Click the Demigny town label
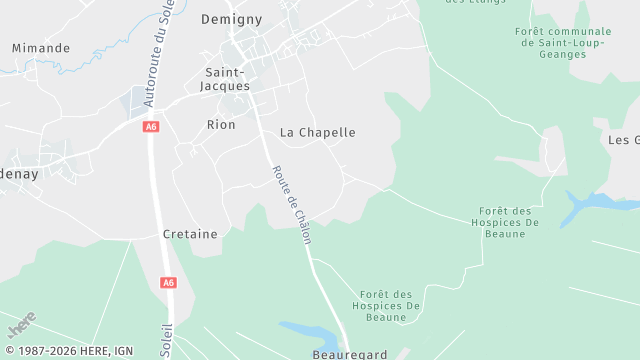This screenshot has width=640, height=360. click(x=230, y=19)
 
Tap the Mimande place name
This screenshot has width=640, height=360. click(x=41, y=47)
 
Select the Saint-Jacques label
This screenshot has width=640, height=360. click(x=227, y=79)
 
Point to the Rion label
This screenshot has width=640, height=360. click(x=220, y=125)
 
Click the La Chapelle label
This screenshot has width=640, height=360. click(x=317, y=132)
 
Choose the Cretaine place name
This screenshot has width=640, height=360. click(x=190, y=234)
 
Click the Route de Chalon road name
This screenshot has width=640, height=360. click(x=292, y=205)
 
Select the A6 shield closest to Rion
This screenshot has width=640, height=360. click(x=151, y=127)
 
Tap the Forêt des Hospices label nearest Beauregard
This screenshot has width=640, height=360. click(x=387, y=305)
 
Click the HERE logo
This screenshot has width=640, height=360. click(x=21, y=325)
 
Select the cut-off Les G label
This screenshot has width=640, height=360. click(x=623, y=139)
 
